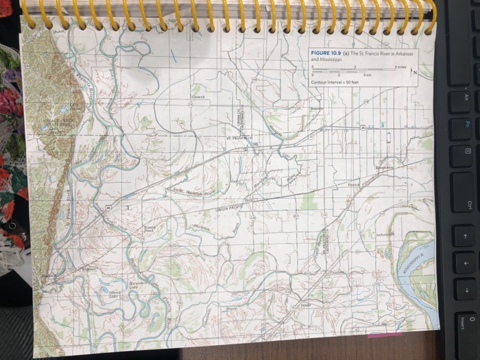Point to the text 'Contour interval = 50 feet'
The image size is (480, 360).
333,82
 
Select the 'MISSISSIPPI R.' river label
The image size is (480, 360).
416,265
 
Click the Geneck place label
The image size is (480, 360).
198,97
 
